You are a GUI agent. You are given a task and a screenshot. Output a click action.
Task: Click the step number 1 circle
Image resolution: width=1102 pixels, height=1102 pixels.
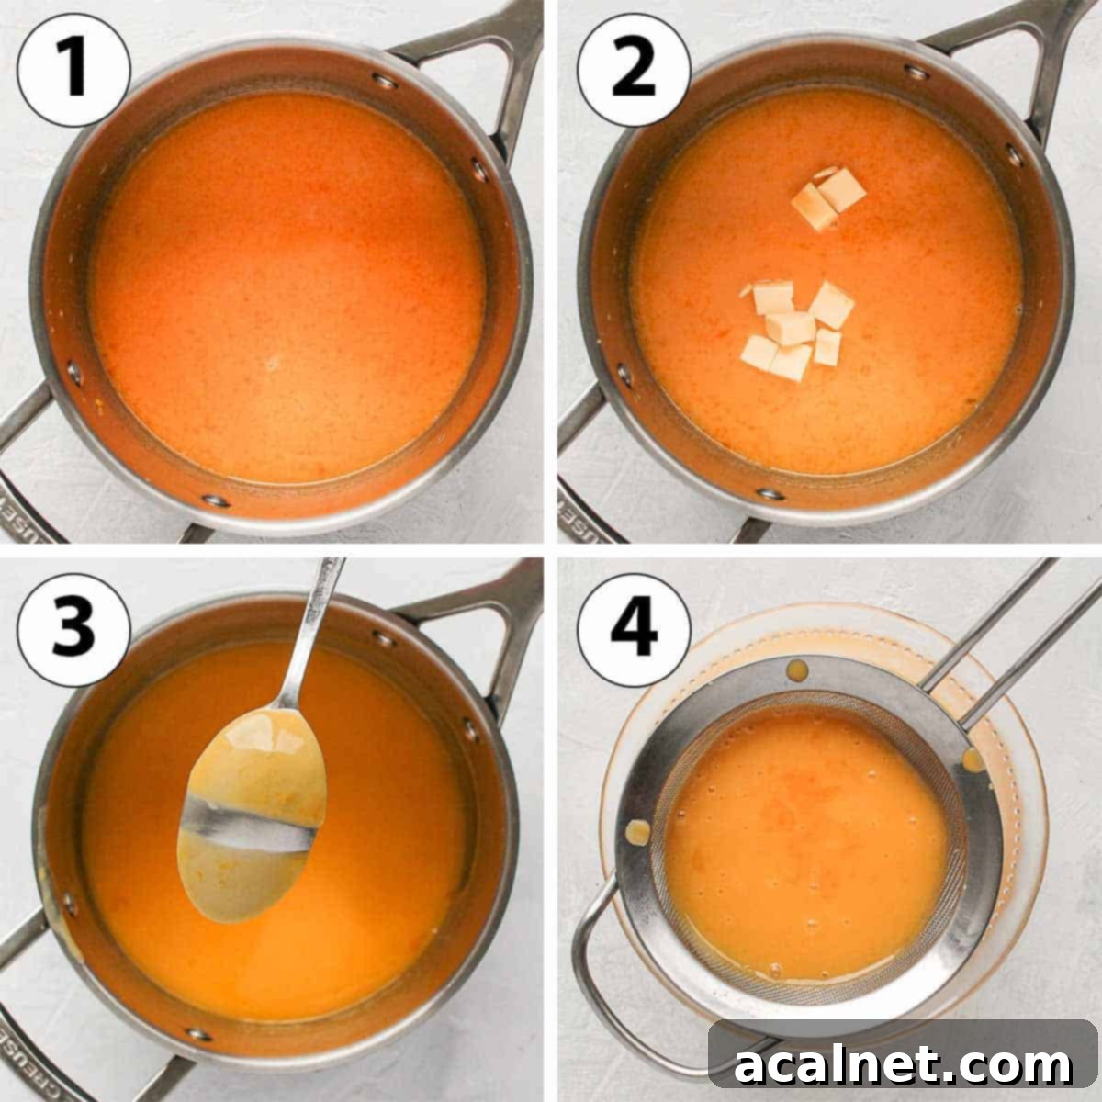click(73, 69)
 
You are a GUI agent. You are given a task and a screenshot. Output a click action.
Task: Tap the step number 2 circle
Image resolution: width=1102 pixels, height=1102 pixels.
click(633, 69)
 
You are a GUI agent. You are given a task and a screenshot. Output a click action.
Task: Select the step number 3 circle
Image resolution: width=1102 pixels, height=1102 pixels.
click(73, 629)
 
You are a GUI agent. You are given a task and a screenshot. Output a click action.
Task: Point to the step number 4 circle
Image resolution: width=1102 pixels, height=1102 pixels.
click(633, 629)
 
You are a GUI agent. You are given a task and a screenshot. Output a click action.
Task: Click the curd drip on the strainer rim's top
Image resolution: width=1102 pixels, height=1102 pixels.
click(798, 669)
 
